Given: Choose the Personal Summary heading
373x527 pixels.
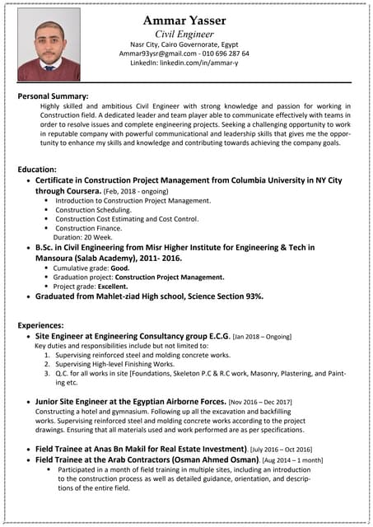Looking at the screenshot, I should click(x=53, y=96).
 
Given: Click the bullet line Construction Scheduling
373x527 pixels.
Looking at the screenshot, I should click(x=98, y=209).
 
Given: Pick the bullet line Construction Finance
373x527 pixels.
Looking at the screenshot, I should click(x=95, y=227).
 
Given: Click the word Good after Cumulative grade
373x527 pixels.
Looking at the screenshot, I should click(x=120, y=268).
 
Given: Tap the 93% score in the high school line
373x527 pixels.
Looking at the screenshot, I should click(x=252, y=296).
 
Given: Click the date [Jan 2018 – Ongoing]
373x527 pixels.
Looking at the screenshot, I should click(x=262, y=337).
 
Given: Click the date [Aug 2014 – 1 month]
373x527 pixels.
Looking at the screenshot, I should click(x=291, y=459).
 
